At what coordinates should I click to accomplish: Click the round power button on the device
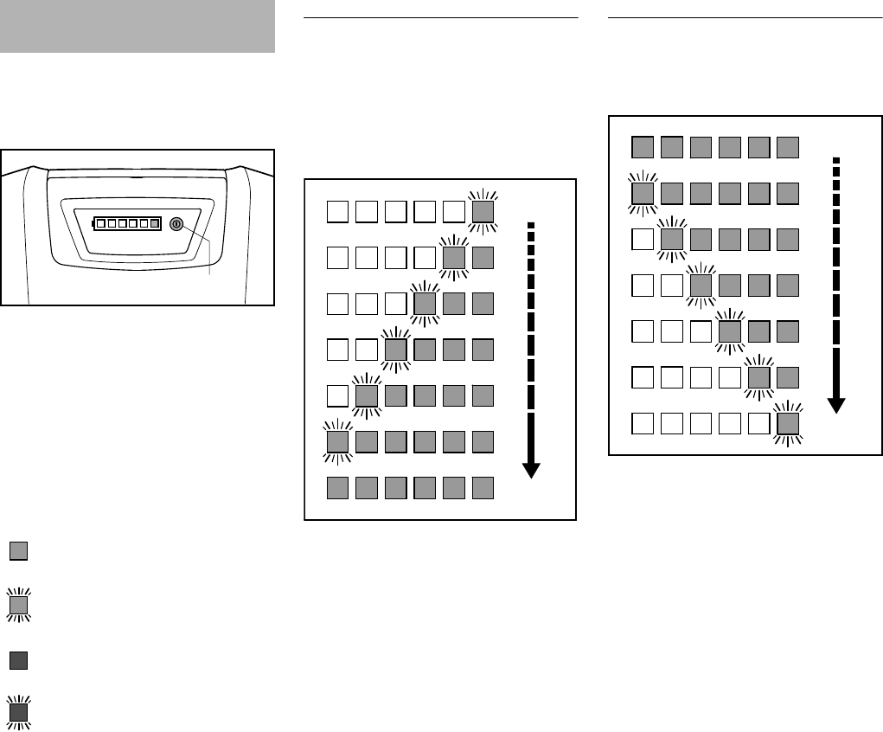tap(176, 223)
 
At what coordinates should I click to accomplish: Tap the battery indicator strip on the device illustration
tap(127, 223)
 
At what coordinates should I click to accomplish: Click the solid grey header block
tap(138, 27)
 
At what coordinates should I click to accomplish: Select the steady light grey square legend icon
tap(19, 550)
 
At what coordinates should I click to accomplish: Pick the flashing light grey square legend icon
tap(19, 604)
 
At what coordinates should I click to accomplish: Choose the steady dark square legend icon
tap(19, 660)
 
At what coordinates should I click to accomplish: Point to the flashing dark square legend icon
tap(19, 713)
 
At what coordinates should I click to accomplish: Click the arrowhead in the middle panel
tap(531, 470)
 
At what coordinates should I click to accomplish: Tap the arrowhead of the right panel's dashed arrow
tap(835, 405)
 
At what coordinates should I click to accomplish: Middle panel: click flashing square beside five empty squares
tap(483, 210)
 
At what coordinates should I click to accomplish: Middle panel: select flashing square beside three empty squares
tap(425, 303)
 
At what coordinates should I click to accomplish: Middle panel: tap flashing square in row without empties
tap(337, 441)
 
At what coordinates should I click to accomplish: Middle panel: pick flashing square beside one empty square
tap(367, 395)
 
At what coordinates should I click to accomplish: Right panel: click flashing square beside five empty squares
tap(788, 423)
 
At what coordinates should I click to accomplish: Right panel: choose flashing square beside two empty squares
tap(701, 285)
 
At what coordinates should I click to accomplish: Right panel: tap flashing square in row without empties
tap(642, 193)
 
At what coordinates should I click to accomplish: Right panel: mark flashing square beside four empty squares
tap(758, 377)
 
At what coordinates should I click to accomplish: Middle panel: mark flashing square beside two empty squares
tap(395, 350)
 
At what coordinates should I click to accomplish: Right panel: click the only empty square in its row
tap(642, 239)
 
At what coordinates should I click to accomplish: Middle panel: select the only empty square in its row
tap(337, 395)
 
